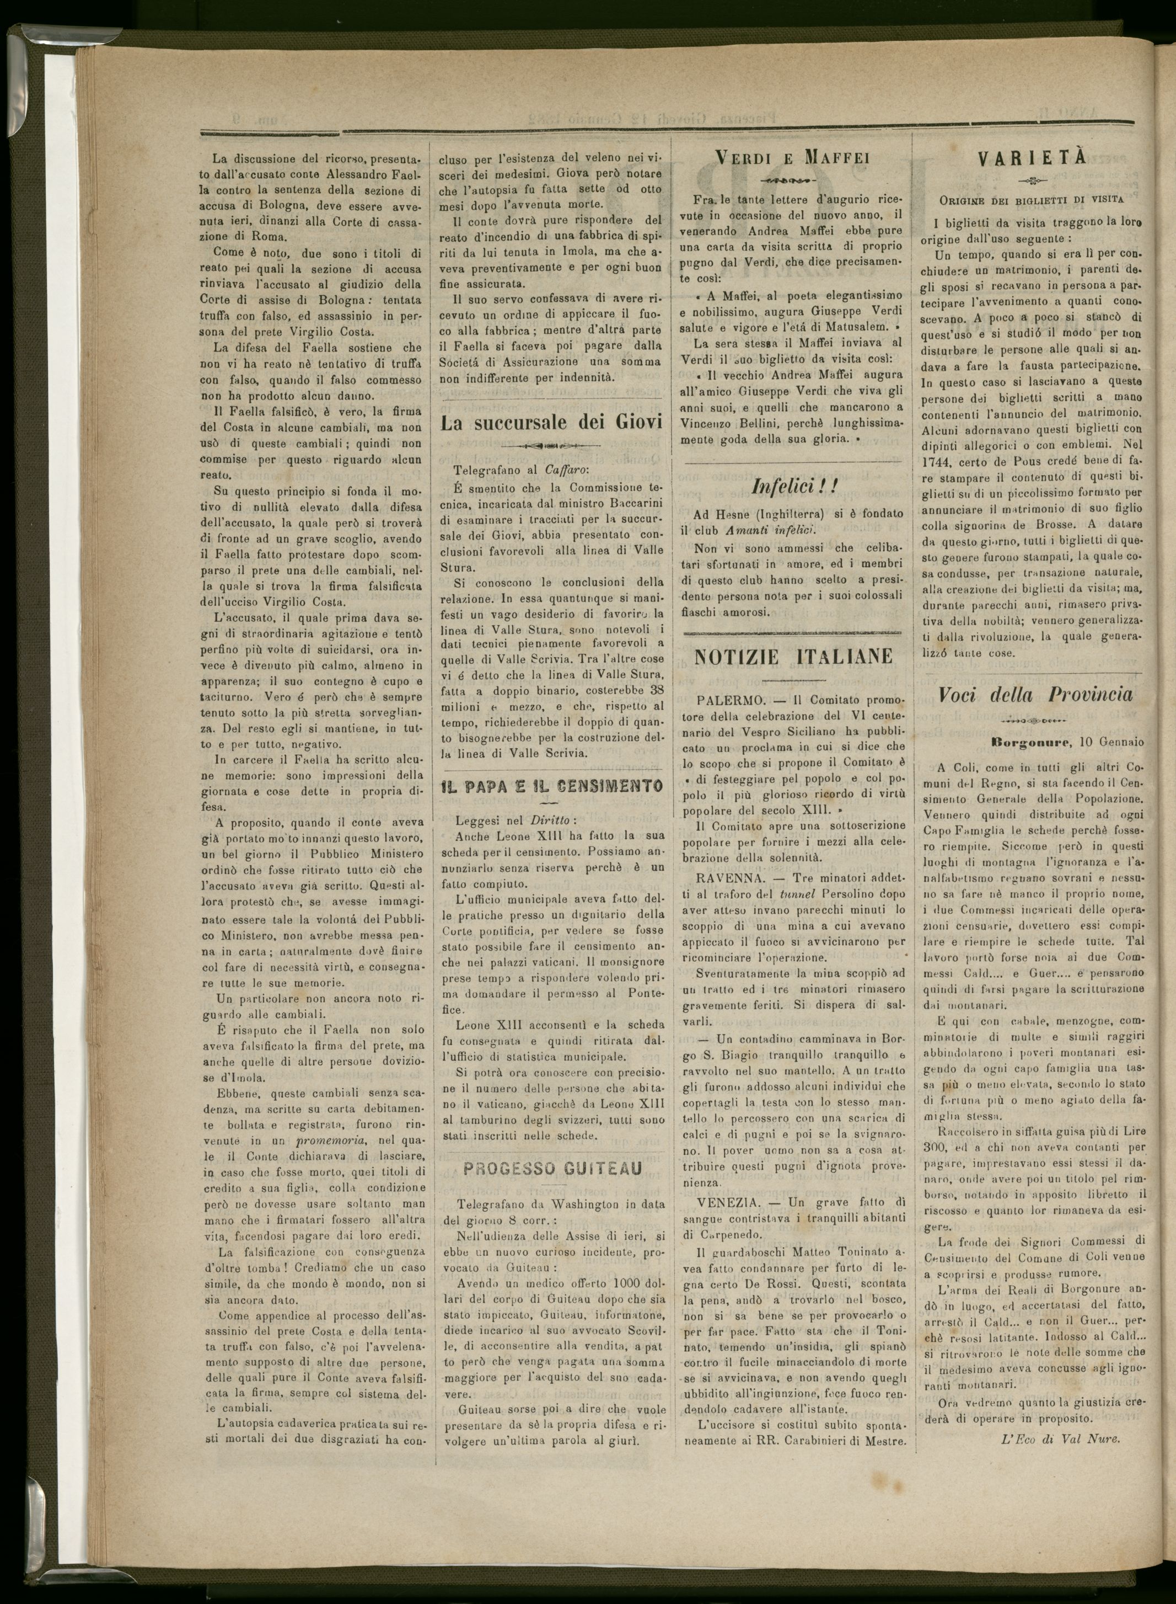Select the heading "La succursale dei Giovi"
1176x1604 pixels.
click(552, 422)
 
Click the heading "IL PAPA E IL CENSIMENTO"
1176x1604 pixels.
click(552, 786)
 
